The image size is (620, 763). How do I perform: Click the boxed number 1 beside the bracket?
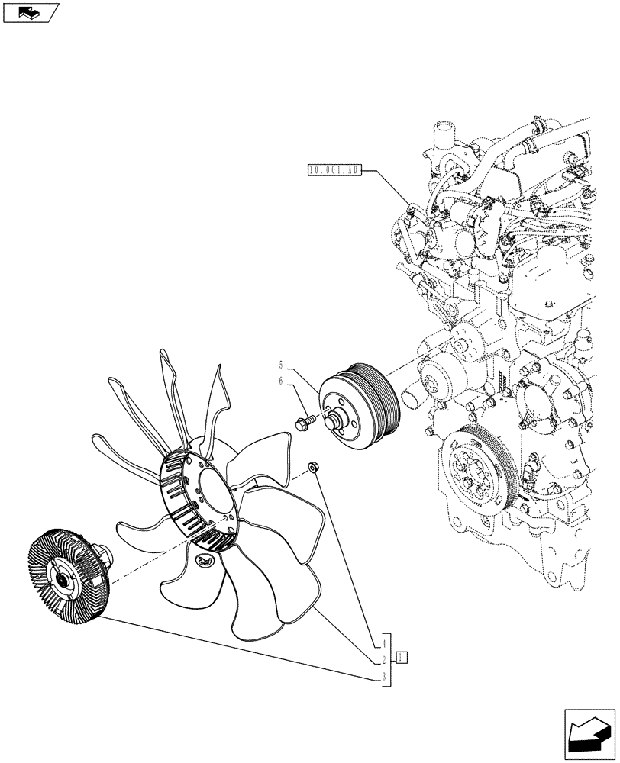click(402, 657)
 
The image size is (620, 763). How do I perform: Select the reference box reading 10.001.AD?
click(334, 170)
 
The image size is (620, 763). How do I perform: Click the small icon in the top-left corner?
click(30, 12)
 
